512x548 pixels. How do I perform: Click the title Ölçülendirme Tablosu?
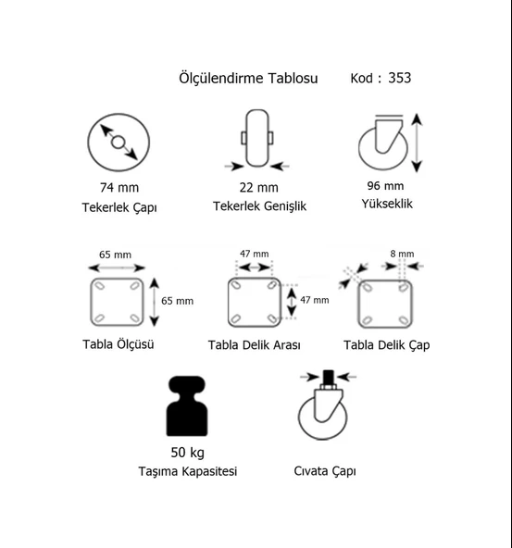coord(248,78)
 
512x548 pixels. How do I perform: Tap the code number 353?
coord(399,78)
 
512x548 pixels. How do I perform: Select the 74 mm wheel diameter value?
coord(119,188)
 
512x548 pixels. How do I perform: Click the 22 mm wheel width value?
coord(258,188)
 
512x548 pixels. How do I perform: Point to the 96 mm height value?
coord(385,186)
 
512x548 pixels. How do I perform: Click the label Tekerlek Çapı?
coord(119,207)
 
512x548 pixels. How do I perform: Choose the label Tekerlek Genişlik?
coord(259,206)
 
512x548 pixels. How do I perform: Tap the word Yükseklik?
coord(387,204)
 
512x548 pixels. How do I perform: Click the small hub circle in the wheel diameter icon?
coord(119,142)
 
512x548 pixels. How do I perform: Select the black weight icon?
coord(187,405)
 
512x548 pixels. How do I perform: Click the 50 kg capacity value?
coord(188,453)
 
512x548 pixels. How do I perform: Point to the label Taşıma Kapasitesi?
coord(188,471)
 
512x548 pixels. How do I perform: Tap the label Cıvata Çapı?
coord(325,471)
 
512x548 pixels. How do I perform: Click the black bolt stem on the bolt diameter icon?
coord(328,377)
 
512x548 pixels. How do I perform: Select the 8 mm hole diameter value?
coord(402,254)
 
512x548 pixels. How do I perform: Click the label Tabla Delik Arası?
coord(254,345)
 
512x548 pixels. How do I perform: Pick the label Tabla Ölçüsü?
coord(119,344)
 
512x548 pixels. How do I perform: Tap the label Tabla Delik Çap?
coord(386,345)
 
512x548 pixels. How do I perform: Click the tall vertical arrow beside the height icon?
coord(417,143)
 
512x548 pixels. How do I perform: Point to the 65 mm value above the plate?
coord(116,255)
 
